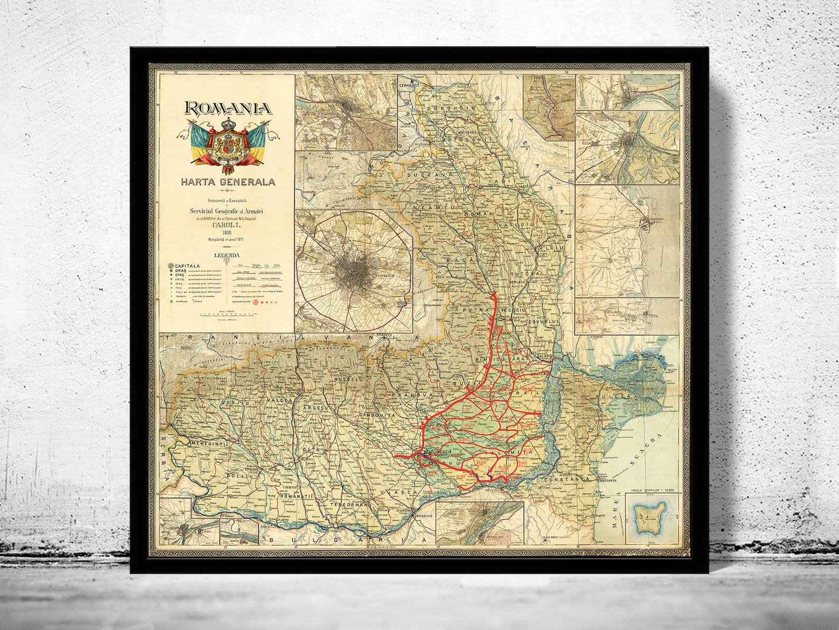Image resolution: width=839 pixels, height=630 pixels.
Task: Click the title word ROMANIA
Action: coord(228,108)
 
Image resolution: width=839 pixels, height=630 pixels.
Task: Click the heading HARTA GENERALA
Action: coord(228,181)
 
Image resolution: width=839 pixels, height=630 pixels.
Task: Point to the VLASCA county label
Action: coord(400,492)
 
